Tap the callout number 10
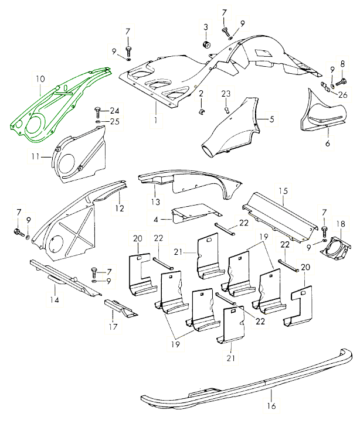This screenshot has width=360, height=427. pos(40,78)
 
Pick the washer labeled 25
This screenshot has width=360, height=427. pos(98,122)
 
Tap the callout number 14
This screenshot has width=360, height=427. pos(55,300)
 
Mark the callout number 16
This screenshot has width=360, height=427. pos(270,405)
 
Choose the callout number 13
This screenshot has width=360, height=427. pos(155,202)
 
